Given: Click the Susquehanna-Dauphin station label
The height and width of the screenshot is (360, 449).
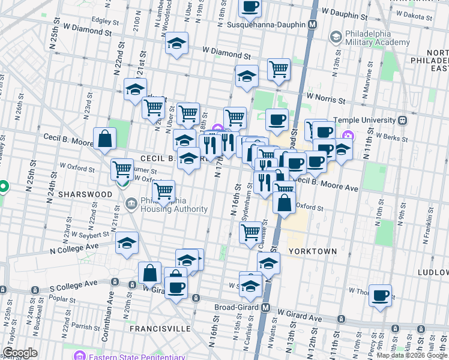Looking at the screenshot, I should click(x=268, y=26).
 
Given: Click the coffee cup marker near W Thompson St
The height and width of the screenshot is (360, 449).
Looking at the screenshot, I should click(x=380, y=296).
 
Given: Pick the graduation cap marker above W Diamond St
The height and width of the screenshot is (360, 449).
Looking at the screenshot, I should click(x=177, y=43).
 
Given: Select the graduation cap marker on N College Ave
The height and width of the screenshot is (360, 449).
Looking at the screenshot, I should click(x=127, y=243).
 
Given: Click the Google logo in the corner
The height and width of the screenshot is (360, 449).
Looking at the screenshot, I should click(x=20, y=353).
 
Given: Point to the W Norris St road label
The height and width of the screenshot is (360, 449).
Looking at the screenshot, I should click(x=326, y=97).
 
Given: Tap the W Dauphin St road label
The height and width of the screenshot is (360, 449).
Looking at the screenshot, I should click(x=345, y=11).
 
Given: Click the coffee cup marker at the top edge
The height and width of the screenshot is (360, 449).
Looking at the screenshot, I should click(x=250, y=7).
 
